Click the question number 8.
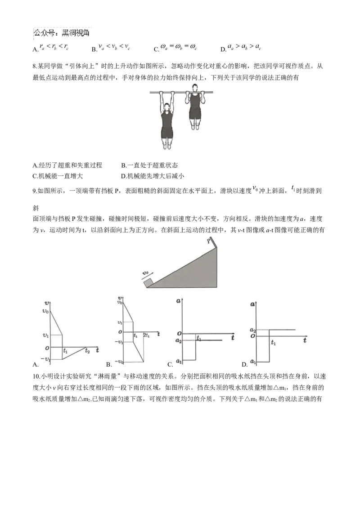[35, 67]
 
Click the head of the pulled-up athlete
[194, 88]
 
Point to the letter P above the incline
[209, 241]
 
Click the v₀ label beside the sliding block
[145, 273]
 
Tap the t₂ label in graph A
[87, 351]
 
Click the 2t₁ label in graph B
[146, 335]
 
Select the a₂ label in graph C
[178, 340]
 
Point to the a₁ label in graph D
[253, 362]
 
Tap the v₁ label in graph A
[45, 335]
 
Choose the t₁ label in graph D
[273, 343]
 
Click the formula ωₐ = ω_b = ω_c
[178, 47]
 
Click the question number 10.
[36, 376]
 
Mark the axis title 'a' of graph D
[252, 304]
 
